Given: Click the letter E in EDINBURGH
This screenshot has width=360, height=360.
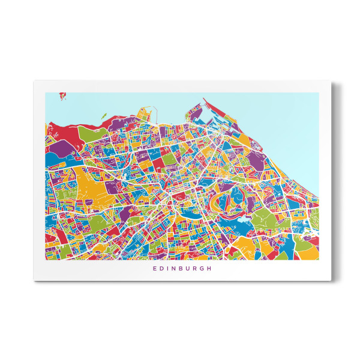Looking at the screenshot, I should point(155,268).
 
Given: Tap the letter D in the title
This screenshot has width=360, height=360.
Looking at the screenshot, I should point(162,268).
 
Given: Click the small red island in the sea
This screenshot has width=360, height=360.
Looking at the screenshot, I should point(62,94).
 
